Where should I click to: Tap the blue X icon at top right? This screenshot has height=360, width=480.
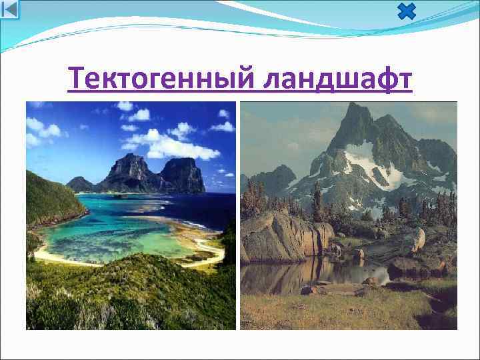pyautogui.click(x=405, y=11)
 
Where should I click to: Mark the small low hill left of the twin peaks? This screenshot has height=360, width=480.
pyautogui.click(x=80, y=183)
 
